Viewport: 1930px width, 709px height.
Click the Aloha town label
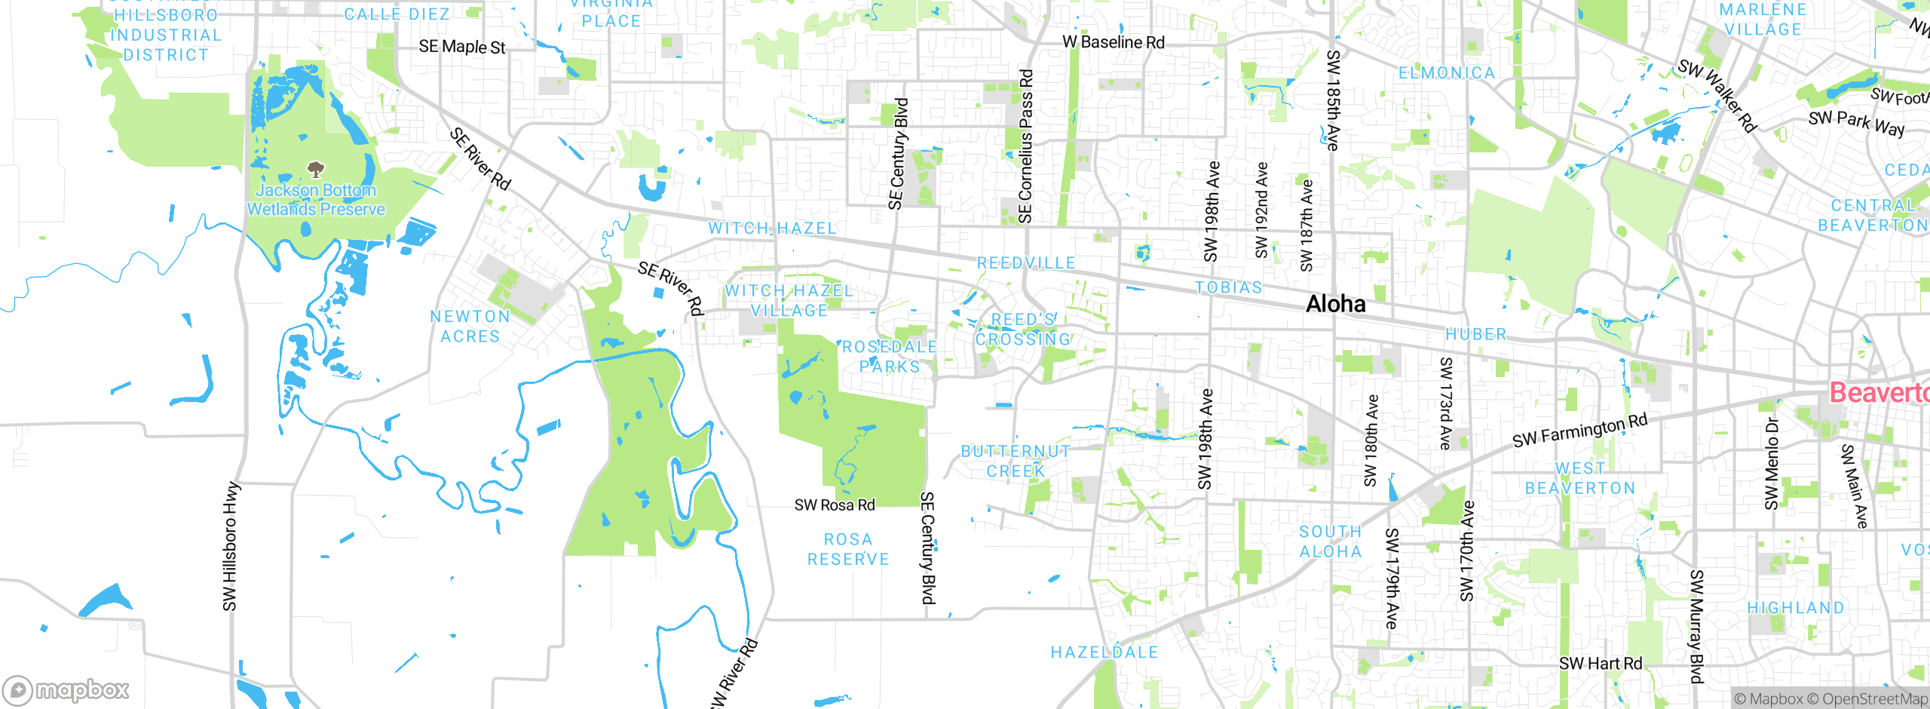(x=1335, y=304)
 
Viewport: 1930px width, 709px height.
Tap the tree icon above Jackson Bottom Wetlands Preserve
(x=315, y=169)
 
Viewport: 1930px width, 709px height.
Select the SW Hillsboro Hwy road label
(x=230, y=547)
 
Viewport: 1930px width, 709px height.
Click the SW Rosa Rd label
(x=835, y=505)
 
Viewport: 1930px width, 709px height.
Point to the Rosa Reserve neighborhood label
(x=848, y=549)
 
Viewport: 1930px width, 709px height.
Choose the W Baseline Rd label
(x=1113, y=42)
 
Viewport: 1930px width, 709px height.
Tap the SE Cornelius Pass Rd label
(x=1025, y=146)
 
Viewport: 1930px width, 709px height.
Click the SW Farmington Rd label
(x=1579, y=431)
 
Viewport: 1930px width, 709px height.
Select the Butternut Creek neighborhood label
(x=1016, y=461)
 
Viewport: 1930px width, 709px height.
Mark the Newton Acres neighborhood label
(x=470, y=327)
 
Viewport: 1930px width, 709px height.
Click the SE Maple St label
(x=461, y=47)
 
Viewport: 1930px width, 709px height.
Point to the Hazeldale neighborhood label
(x=1104, y=652)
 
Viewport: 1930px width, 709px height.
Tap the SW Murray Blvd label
(x=1696, y=626)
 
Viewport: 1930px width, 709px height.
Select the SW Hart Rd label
(x=1600, y=664)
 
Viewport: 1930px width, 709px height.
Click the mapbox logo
(x=66, y=690)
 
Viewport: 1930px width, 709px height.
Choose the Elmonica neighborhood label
(x=1446, y=73)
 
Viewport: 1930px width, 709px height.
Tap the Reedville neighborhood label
(x=1026, y=263)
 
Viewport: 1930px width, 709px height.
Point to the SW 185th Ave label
(x=1333, y=100)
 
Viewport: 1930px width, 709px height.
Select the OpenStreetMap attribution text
(x=1874, y=699)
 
